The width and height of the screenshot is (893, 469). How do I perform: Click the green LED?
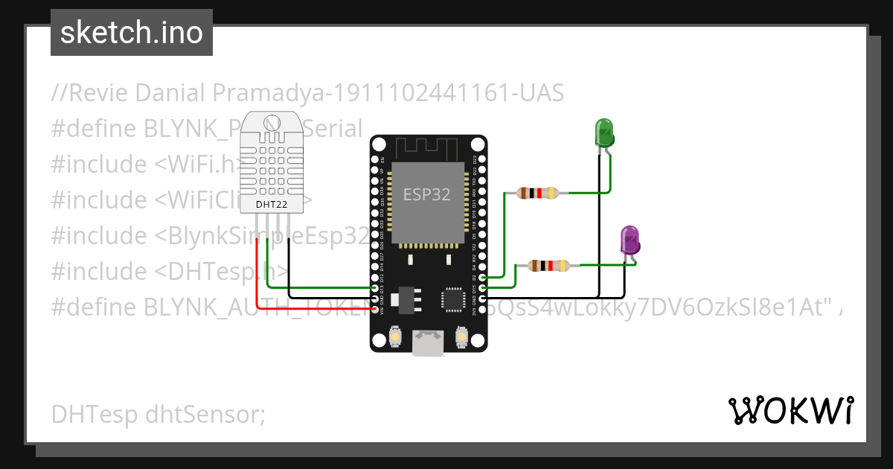pyautogui.click(x=604, y=133)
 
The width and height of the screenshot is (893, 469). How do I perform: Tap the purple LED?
pyautogui.click(x=630, y=240)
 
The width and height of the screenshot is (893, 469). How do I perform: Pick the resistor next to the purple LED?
pyautogui.click(x=548, y=265)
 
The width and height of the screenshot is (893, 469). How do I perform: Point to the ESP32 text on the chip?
pyautogui.click(x=426, y=195)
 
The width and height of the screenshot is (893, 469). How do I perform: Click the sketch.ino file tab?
pyautogui.click(x=132, y=33)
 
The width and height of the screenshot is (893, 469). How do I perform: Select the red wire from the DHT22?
pyautogui.click(x=257, y=283)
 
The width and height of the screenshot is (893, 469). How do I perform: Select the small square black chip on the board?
pyautogui.click(x=452, y=299)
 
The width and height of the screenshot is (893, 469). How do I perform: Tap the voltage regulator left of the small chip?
pyautogui.click(x=408, y=298)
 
